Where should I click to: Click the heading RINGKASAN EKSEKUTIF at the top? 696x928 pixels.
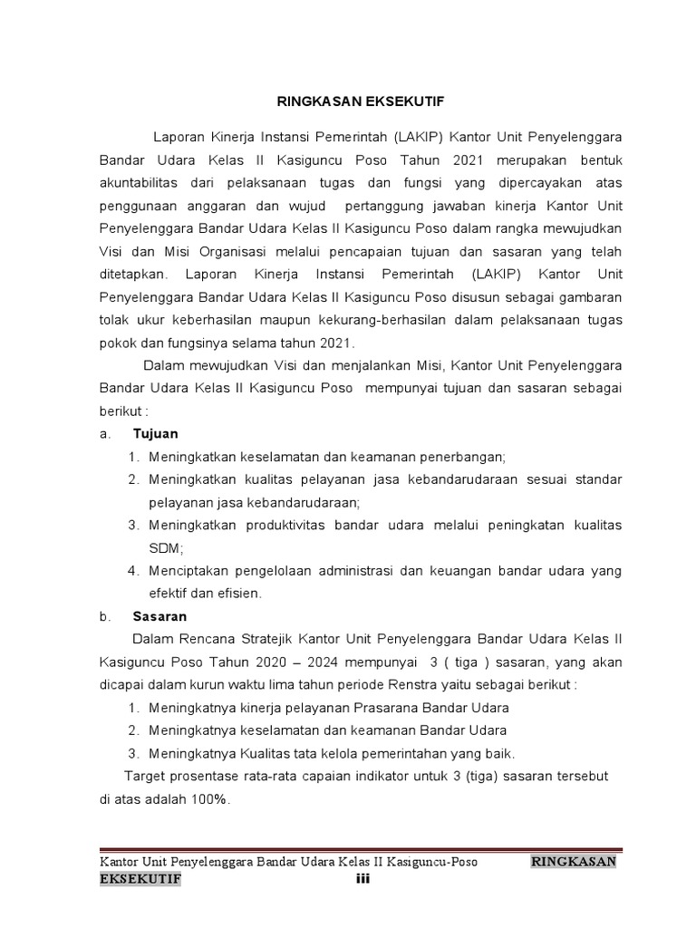coord(347,101)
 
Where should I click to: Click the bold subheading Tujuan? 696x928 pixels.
coord(156,433)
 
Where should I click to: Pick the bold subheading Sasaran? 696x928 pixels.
coord(159,616)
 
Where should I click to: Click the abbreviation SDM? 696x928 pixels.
coord(165,548)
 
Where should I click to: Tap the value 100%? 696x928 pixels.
coord(210,800)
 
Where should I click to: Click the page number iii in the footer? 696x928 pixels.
coord(360,879)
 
